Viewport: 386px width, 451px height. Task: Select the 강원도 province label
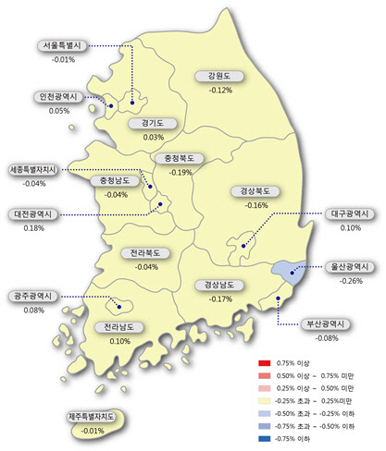click(x=220, y=77)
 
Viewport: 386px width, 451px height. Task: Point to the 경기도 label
click(x=153, y=123)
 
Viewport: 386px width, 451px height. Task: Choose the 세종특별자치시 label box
click(x=38, y=170)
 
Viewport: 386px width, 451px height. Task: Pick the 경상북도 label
click(x=252, y=191)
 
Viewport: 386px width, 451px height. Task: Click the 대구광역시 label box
click(x=351, y=213)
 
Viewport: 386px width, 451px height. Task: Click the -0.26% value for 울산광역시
click(x=351, y=280)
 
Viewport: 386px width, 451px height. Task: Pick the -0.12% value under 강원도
click(x=220, y=91)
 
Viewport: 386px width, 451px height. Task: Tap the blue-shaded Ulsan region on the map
click(x=285, y=269)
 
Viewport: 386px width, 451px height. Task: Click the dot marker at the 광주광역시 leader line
click(x=118, y=306)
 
